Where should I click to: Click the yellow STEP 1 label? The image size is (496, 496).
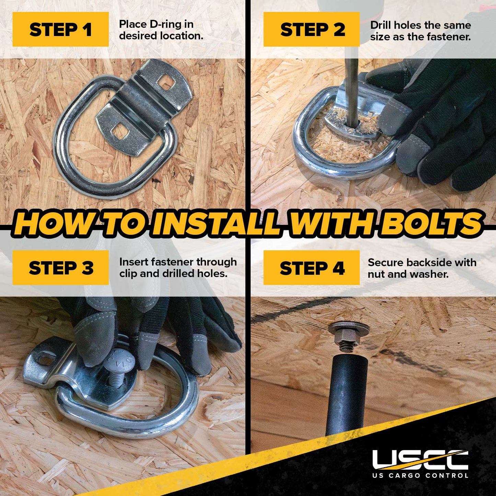pyautogui.click(x=60, y=29)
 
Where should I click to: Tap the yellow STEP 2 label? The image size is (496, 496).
pyautogui.click(x=311, y=29)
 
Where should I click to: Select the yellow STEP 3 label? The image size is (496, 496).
pyautogui.click(x=60, y=267)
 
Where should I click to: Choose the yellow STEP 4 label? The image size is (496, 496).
pyautogui.click(x=311, y=267)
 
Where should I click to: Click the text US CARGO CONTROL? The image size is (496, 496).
pyautogui.click(x=420, y=482)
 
